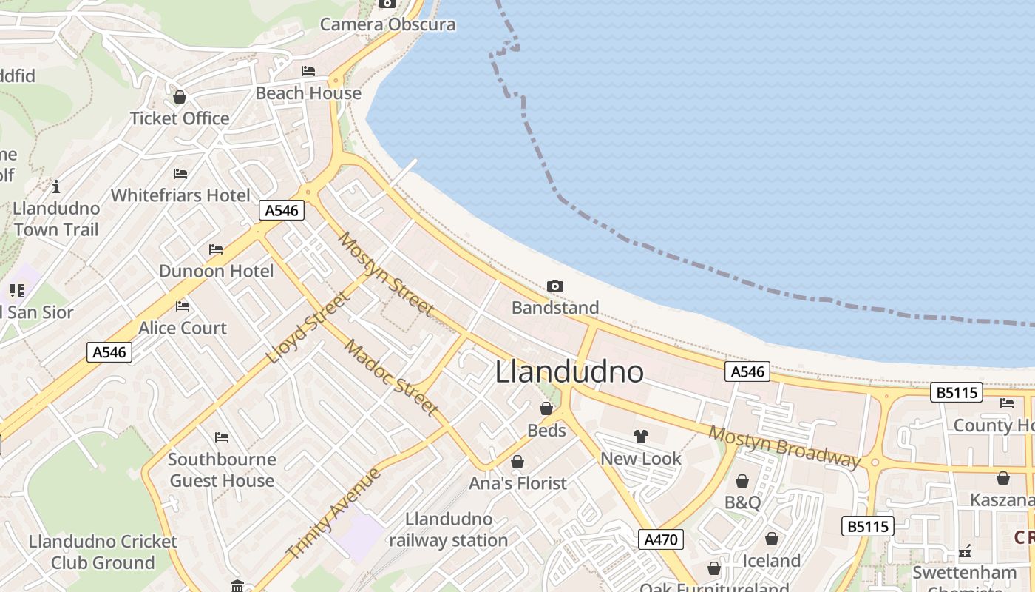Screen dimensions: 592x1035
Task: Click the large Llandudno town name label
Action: pyautogui.click(x=569, y=371)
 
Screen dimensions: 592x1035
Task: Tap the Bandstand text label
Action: pyautogui.click(x=555, y=307)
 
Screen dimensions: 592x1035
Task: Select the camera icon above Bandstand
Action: pyautogui.click(x=555, y=286)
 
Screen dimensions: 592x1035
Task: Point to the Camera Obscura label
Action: pyautogui.click(x=387, y=24)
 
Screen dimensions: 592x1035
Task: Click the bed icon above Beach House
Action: pyautogui.click(x=308, y=71)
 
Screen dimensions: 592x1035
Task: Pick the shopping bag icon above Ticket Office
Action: pyautogui.click(x=180, y=97)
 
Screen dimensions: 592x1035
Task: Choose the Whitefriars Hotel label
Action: pyautogui.click(x=180, y=195)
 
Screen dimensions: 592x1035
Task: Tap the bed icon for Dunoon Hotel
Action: pyautogui.click(x=216, y=249)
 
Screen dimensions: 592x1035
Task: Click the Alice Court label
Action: pyautogui.click(x=183, y=328)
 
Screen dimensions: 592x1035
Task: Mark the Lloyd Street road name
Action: pyautogui.click(x=307, y=328)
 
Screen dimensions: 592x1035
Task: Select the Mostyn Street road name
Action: pyautogui.click(x=384, y=273)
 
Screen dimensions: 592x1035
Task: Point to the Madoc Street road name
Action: pyautogui.click(x=391, y=377)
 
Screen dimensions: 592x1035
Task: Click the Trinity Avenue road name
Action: pyautogui.click(x=333, y=514)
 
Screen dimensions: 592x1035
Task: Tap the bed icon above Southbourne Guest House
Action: pyautogui.click(x=222, y=437)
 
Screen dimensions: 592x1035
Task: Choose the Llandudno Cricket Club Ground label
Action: pyautogui.click(x=103, y=552)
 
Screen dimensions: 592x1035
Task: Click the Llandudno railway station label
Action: pyautogui.click(x=449, y=530)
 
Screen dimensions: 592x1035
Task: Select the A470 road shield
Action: pyautogui.click(x=660, y=539)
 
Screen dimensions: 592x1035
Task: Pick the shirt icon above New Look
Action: pyautogui.click(x=641, y=437)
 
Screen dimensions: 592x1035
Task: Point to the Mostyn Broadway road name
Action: pyautogui.click(x=785, y=447)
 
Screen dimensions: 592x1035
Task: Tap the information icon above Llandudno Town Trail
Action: pyautogui.click(x=56, y=186)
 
